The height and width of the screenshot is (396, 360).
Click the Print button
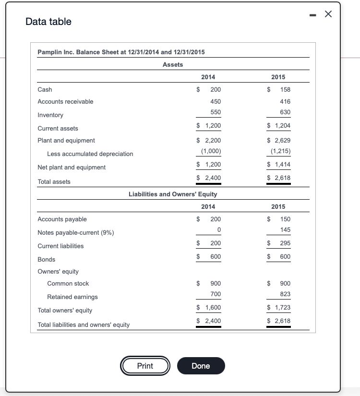(145, 366)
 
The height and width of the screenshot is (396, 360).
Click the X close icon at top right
(328, 14)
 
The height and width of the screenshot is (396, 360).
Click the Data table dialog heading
(48, 22)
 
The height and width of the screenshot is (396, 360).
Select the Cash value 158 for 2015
(286, 89)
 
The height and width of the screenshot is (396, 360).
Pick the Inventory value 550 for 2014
(216, 112)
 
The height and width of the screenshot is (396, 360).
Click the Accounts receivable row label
(65, 102)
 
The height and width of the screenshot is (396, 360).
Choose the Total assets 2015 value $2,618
(279, 178)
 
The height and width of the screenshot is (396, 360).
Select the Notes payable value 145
(286, 229)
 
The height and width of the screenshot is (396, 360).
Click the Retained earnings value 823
(286, 294)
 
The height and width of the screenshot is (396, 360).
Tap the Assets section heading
(173, 64)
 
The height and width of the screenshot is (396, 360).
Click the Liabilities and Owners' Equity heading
(173, 194)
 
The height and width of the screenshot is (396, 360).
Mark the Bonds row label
(46, 259)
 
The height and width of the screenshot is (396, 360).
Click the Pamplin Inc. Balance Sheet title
(121, 52)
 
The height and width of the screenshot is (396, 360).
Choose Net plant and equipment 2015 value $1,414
(279, 165)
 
